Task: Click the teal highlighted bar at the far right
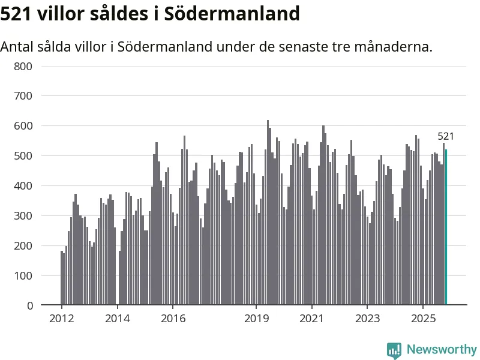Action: click(x=446, y=228)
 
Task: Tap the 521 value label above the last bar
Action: click(x=446, y=136)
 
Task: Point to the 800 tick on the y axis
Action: click(x=23, y=65)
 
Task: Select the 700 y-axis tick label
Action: click(x=23, y=95)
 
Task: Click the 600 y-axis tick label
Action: click(x=23, y=125)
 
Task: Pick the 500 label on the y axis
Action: click(x=23, y=155)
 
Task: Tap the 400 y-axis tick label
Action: click(x=23, y=185)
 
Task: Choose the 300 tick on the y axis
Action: click(x=23, y=215)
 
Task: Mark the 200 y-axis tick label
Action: click(x=23, y=245)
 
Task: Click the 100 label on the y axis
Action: click(x=23, y=275)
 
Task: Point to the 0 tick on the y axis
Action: click(x=29, y=305)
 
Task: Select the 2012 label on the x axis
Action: click(x=62, y=318)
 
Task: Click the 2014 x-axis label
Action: click(x=117, y=318)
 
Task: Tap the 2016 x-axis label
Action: click(x=173, y=318)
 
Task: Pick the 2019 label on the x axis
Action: click(x=256, y=318)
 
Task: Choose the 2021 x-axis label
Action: click(x=312, y=318)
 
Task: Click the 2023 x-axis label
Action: click(x=367, y=318)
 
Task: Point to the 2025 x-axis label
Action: click(x=423, y=318)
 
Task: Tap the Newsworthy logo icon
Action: click(x=394, y=350)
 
